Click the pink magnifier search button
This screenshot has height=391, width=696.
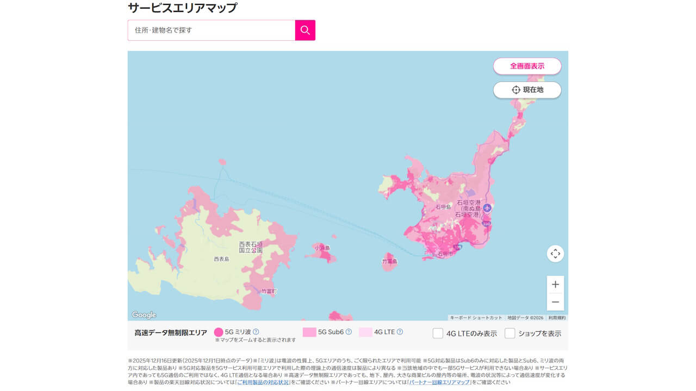coord(305,30)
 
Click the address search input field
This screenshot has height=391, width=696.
coord(212,30)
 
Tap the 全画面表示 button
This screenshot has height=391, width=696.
coord(527,66)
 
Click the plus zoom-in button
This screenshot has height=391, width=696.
coord(555,285)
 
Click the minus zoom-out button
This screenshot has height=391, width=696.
coord(555,302)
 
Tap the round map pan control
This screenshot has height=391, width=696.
coord(555,254)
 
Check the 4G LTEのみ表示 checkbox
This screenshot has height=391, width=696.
coord(438,333)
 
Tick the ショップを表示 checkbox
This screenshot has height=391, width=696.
coord(509,333)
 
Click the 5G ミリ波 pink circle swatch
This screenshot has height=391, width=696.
coord(219,332)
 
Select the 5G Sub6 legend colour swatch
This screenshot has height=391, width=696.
coord(309,332)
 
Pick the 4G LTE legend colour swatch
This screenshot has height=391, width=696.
coord(365,332)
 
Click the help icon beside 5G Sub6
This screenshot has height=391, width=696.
coord(349,332)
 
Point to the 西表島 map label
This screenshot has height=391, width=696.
coord(221,260)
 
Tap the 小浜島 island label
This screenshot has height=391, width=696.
coord(322,248)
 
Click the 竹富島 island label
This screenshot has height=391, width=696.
coord(390,261)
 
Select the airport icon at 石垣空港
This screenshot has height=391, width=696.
coord(487,207)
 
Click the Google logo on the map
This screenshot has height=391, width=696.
coord(144,315)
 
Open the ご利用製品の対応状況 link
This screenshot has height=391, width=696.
coord(263,382)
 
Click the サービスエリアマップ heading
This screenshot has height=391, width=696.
coord(182,8)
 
